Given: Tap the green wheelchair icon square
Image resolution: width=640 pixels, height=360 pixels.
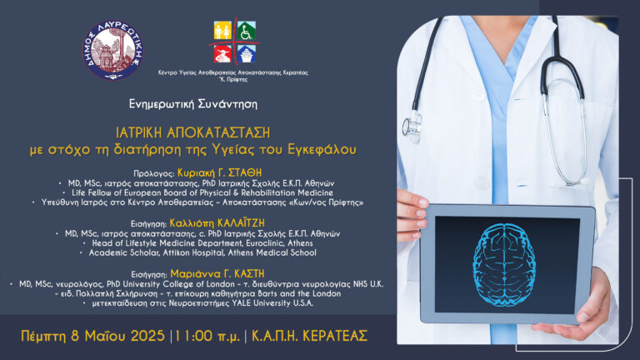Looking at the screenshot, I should point(247,32).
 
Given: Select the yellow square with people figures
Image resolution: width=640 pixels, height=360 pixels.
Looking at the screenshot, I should point(222,32).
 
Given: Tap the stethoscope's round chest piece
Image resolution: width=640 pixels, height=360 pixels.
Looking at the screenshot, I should point(412,129).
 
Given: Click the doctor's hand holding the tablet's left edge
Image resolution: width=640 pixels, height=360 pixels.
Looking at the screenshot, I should point(411,205).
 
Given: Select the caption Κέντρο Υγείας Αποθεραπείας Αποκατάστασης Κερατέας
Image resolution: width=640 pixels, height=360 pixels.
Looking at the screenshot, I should point(233,72).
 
